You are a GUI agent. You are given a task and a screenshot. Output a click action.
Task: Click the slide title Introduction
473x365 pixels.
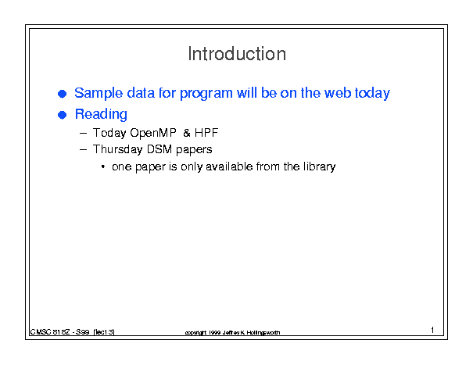(237, 54)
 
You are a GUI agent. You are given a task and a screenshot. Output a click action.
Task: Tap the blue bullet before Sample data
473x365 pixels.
(62, 94)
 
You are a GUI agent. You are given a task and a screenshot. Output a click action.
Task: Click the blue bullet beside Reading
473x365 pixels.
(62, 115)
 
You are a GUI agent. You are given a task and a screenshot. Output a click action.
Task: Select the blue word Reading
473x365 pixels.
(101, 115)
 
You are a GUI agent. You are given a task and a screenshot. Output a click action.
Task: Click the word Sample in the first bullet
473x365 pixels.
(99, 94)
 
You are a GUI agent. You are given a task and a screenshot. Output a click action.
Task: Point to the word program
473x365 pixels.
(206, 94)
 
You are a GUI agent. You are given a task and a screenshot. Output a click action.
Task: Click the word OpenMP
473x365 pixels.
(153, 133)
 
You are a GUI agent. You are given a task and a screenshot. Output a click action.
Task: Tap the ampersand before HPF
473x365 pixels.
(187, 133)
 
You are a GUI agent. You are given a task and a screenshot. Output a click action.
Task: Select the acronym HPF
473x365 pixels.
(206, 133)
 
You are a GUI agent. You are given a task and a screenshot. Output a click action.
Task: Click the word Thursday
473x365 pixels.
(117, 149)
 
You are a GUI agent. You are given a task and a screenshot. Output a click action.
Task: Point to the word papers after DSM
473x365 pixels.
(194, 150)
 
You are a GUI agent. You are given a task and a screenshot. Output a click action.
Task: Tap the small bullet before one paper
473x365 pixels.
(103, 166)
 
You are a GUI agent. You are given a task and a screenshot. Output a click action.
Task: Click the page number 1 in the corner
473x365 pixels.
(432, 330)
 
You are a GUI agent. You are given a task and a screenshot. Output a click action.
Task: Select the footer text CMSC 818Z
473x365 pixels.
(50, 332)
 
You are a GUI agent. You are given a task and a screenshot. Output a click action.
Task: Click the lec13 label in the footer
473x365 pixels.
(104, 332)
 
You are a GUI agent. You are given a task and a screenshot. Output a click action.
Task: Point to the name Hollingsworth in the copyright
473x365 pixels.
(263, 333)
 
